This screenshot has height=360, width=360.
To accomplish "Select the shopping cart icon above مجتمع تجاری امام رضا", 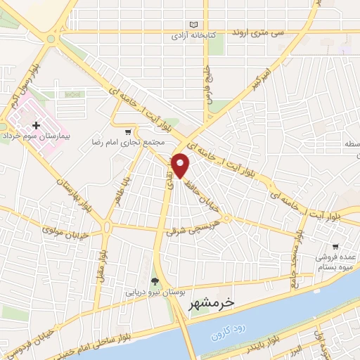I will coord(127,131).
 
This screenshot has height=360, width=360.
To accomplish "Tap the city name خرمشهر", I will coord(211,303).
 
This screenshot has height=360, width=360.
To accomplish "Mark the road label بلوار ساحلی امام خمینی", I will coord(113,330).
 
